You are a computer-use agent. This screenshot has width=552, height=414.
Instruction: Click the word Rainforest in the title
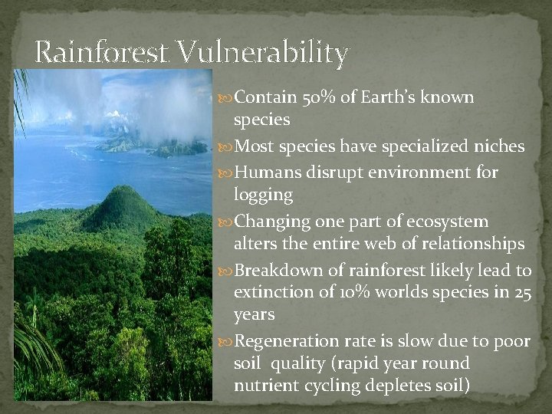point(103,53)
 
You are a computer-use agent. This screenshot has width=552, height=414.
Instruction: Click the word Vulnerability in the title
point(263,53)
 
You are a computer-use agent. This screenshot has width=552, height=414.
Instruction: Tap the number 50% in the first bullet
point(313,97)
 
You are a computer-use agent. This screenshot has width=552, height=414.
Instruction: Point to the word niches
point(499,146)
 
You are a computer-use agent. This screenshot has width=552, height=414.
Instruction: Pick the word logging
point(263,195)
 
